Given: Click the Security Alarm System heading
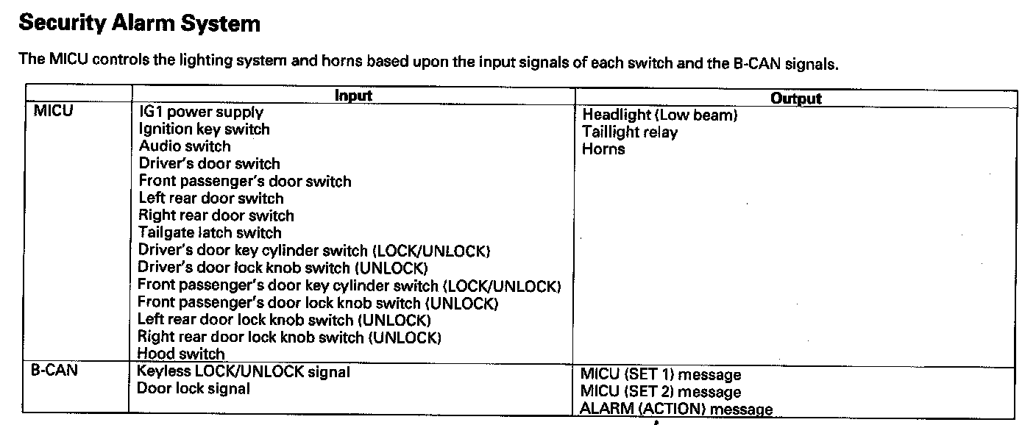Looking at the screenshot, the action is (x=139, y=24).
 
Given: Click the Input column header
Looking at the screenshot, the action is (x=353, y=96).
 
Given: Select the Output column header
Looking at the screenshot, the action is (x=795, y=99).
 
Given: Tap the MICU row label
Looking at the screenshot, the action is (x=54, y=113).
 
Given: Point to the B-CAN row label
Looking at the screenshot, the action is (x=54, y=371).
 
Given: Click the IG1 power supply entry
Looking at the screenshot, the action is (x=201, y=113).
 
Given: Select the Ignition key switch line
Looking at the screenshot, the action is (x=204, y=129).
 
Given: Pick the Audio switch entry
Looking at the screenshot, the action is (x=185, y=146).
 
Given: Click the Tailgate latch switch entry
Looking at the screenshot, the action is (x=210, y=233).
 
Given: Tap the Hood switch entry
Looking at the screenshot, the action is (x=181, y=354).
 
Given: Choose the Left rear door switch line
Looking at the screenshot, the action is (x=210, y=199).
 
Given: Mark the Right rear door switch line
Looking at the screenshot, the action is (x=216, y=216).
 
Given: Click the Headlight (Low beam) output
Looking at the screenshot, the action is (x=659, y=115).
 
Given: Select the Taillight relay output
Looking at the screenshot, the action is (x=630, y=132).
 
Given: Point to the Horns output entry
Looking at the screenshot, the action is (x=603, y=149).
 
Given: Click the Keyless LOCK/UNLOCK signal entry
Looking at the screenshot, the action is (x=244, y=372).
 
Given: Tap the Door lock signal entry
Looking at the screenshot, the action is (x=194, y=389).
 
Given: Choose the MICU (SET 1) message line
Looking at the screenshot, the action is (x=661, y=376).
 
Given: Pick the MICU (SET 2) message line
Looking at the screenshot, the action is (x=661, y=393).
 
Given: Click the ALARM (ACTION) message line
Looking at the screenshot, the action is (x=676, y=410).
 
